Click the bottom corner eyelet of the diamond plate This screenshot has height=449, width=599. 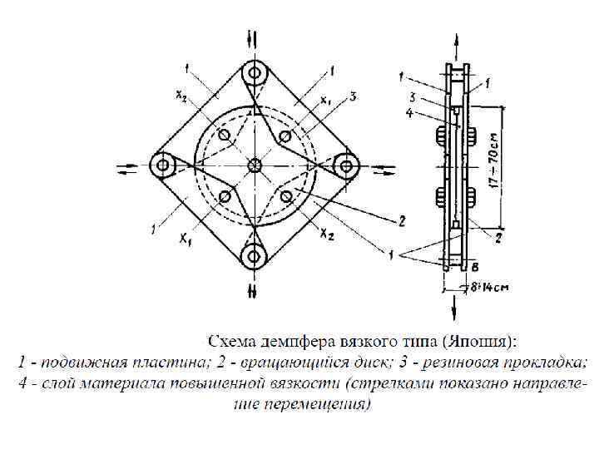(255, 255)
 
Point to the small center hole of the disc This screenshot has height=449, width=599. (255, 165)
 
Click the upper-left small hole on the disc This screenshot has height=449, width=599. (224, 135)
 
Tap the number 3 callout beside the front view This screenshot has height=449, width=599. (354, 97)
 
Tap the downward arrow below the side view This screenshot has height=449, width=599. (455, 308)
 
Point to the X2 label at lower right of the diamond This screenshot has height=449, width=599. (327, 235)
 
